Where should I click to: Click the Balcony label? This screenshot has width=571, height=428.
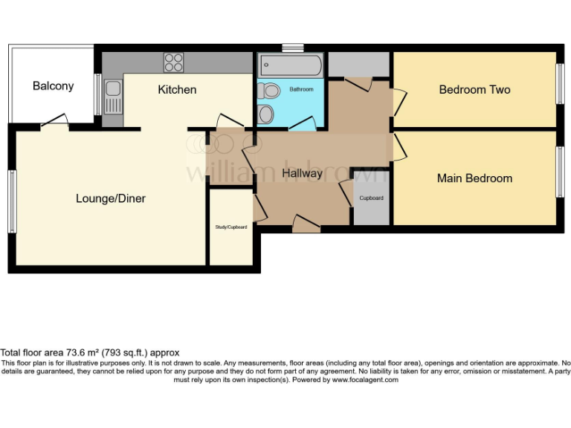pyautogui.click(x=53, y=86)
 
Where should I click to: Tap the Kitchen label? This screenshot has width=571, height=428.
pyautogui.click(x=177, y=90)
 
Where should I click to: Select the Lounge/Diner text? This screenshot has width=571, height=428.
pyautogui.click(x=111, y=198)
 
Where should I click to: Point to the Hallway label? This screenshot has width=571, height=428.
pyautogui.click(x=302, y=174)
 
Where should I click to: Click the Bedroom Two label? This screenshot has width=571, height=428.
pyautogui.click(x=474, y=90)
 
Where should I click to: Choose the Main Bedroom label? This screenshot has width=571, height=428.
pyautogui.click(x=474, y=178)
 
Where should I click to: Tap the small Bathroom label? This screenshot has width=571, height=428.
pyautogui.click(x=301, y=89)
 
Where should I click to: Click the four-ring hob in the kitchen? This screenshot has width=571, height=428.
pyautogui.click(x=173, y=62)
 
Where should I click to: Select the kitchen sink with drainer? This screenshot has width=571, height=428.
pyautogui.click(x=113, y=97)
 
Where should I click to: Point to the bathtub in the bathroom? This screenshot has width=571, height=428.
pyautogui.click(x=290, y=65)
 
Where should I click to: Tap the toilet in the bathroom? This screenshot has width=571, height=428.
pyautogui.click(x=269, y=91)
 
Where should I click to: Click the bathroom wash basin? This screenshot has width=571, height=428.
pyautogui.click(x=265, y=114)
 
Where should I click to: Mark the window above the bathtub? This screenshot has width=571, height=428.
pyautogui.click(x=292, y=48)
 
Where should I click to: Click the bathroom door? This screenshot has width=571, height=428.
pyautogui.click(x=301, y=124)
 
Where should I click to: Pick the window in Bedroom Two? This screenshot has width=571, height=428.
pyautogui.click(x=560, y=84)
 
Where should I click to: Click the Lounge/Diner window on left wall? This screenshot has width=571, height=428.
pyautogui.click(x=12, y=201)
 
